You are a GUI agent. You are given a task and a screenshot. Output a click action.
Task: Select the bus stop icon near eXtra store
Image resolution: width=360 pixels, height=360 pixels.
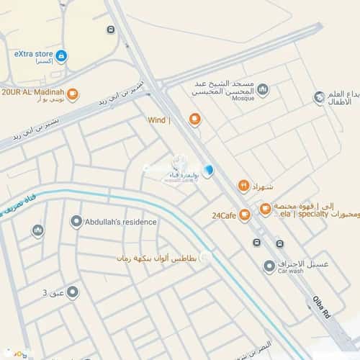coord(110,30)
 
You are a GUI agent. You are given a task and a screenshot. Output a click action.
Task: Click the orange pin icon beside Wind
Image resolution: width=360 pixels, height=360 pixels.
coord(194,120)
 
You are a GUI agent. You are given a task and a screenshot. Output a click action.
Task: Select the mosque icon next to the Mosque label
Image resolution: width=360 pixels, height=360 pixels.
coord(263,90)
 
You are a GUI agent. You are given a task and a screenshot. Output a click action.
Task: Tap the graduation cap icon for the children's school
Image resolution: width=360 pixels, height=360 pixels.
coord(319,97)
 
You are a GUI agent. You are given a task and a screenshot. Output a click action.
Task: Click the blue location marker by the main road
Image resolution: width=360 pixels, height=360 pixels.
coord(208,171)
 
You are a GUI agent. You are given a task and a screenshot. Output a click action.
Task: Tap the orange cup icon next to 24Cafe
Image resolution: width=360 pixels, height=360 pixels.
coord(245,214)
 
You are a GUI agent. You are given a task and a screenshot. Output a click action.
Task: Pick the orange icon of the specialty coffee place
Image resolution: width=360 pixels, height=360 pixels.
coord(266,210)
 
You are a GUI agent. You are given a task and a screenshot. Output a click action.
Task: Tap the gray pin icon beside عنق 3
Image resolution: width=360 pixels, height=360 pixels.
coord(72,292)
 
